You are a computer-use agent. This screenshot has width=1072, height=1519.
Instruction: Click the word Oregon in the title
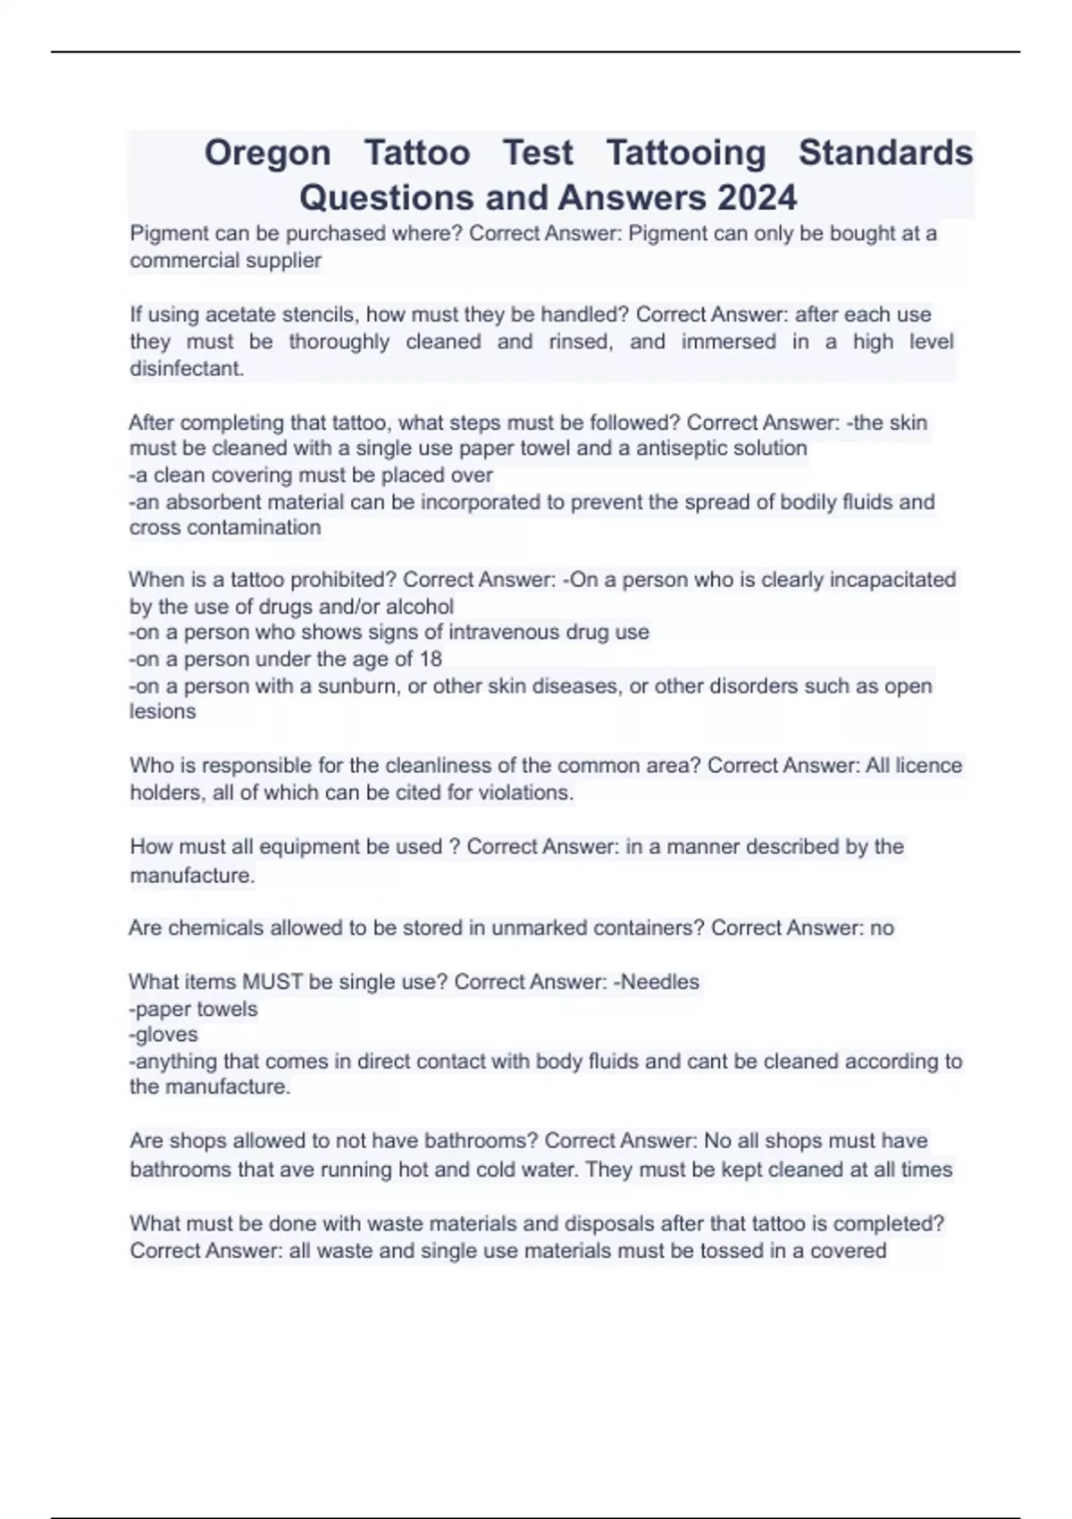(267, 153)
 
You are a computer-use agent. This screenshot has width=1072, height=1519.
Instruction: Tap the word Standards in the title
(885, 153)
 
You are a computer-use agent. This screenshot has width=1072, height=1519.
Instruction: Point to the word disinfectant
(187, 368)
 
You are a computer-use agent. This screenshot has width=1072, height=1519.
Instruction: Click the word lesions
(163, 711)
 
